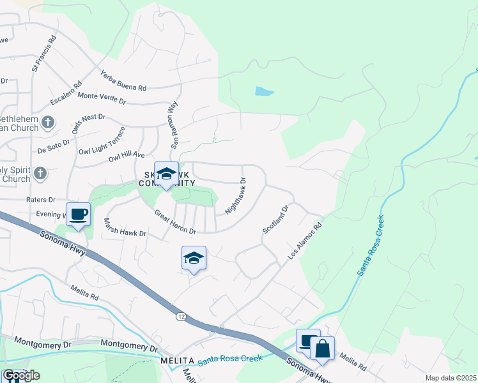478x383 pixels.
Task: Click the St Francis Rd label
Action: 42,52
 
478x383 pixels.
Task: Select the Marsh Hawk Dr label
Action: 125,228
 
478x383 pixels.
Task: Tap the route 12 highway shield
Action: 180,315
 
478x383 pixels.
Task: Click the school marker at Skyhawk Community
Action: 166,174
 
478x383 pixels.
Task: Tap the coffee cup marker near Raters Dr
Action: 79,214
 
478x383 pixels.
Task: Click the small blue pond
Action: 264,91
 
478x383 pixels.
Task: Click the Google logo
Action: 20,375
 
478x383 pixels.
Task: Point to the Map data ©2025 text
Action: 450,378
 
